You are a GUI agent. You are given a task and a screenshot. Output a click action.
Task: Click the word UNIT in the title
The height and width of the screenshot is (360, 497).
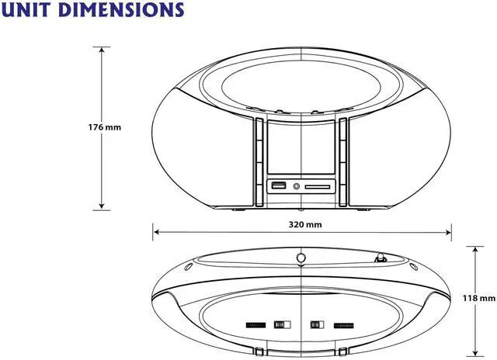point(26,9)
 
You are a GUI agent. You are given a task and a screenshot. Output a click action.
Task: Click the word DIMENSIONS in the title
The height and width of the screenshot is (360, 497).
point(121,9)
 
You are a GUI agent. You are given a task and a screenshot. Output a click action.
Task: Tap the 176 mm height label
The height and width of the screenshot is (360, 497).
point(105,127)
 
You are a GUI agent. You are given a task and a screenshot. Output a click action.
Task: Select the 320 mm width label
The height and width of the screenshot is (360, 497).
point(305,224)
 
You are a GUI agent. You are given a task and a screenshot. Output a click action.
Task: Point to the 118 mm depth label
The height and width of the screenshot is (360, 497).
point(479,298)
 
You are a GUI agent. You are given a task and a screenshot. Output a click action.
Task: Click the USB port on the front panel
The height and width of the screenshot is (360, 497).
point(279,185)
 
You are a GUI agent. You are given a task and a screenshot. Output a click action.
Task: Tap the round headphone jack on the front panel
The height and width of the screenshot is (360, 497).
point(297,186)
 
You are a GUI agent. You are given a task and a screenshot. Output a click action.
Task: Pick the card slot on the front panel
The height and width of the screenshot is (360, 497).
point(318,187)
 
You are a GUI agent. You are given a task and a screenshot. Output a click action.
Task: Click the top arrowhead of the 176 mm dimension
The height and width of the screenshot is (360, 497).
point(102,50)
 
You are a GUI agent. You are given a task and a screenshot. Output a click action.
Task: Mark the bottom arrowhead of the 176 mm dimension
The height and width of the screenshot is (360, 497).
point(102,206)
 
